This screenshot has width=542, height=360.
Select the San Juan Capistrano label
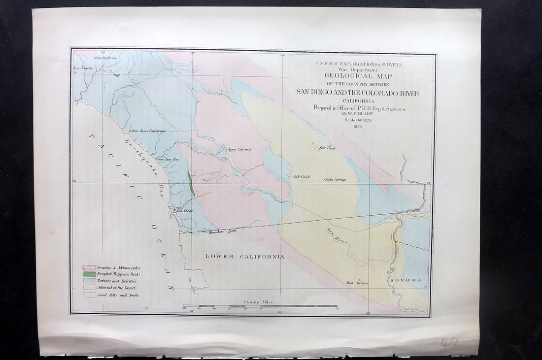pyautogui.click(x=148, y=131)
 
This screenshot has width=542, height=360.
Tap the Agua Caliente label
pyautogui.click(x=239, y=149)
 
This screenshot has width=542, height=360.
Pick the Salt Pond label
pyautogui.click(x=327, y=147)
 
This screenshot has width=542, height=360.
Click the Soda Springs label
pyautogui.click(x=336, y=179)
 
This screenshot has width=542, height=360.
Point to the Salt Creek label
pyautogui.click(x=302, y=176)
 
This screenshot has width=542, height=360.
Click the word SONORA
pyautogui.click(x=406, y=280)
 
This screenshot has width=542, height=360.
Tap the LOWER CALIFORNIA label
pyautogui.click(x=245, y=257)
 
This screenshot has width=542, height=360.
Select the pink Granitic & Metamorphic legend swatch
pyautogui.click(x=89, y=267)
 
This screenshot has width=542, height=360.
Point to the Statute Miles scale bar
pyautogui.click(x=261, y=307)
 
